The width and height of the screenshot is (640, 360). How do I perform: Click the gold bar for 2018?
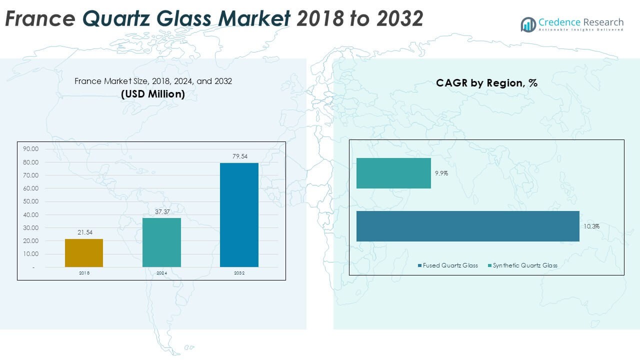coord(84,253)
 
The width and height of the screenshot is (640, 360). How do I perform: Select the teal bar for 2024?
coord(161,242)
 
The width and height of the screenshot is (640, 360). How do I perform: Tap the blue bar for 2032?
coord(239,215)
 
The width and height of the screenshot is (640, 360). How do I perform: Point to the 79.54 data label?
coord(239,156)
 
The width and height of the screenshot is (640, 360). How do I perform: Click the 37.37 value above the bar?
coord(162,212)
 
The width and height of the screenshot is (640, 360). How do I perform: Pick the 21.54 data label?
coord(84,232)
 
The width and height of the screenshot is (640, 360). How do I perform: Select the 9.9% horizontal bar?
coord(393,173)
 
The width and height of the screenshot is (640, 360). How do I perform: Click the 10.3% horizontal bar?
coord(467,226)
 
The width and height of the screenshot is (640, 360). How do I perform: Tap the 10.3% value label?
coord(591,226)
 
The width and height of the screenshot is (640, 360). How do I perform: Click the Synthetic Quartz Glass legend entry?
coord(525,265)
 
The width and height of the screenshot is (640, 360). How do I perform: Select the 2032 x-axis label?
coord(239,273)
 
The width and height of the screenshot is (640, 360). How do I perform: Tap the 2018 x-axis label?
coord(84,273)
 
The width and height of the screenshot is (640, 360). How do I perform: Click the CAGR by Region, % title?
coord(486,83)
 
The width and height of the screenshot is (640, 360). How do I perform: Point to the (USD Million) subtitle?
coord(153,93)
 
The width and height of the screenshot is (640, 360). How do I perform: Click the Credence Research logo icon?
coord(528,24)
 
